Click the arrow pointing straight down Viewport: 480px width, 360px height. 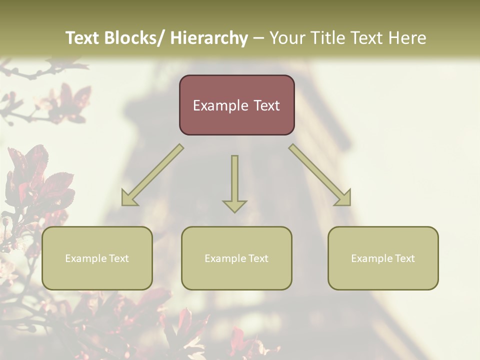(234, 183)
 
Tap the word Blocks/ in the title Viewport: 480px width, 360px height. (131, 38)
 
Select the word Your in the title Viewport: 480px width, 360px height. (286, 38)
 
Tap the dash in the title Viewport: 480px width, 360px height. (258, 38)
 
